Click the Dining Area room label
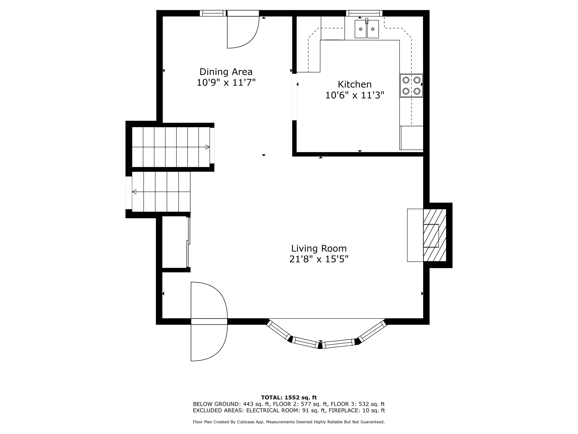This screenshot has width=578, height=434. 226,72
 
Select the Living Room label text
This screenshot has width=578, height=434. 319,248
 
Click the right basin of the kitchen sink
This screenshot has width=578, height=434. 373,29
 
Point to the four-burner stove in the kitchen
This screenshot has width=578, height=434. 411,85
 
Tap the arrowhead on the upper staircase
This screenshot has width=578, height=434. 208,147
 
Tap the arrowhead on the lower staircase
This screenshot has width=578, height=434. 134,192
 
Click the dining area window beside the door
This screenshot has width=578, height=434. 213,13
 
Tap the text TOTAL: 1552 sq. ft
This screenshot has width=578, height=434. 289,398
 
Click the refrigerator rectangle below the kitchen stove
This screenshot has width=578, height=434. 412,138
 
